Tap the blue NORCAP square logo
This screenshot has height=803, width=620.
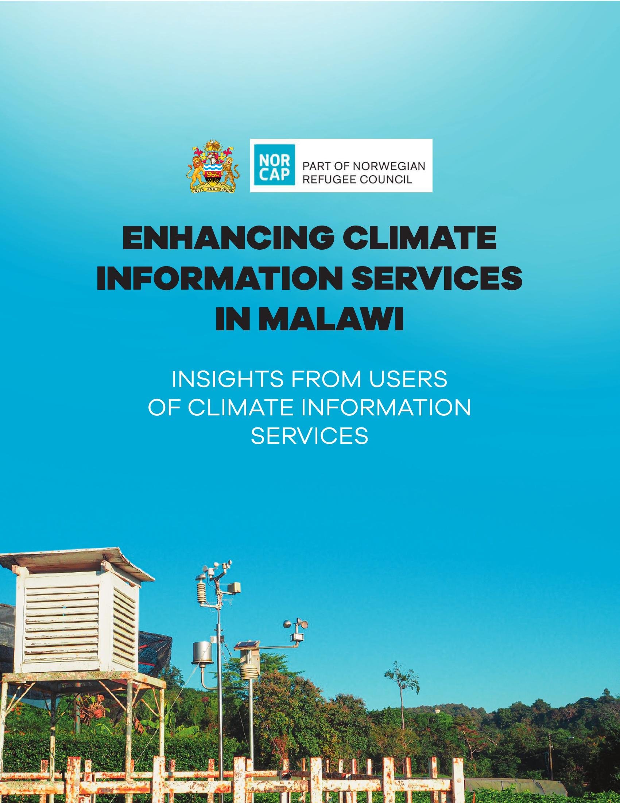pyautogui.click(x=274, y=166)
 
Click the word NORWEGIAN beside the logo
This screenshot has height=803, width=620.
pyautogui.click(x=389, y=166)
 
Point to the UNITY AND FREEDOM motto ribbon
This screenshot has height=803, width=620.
pyautogui.click(x=213, y=189)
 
